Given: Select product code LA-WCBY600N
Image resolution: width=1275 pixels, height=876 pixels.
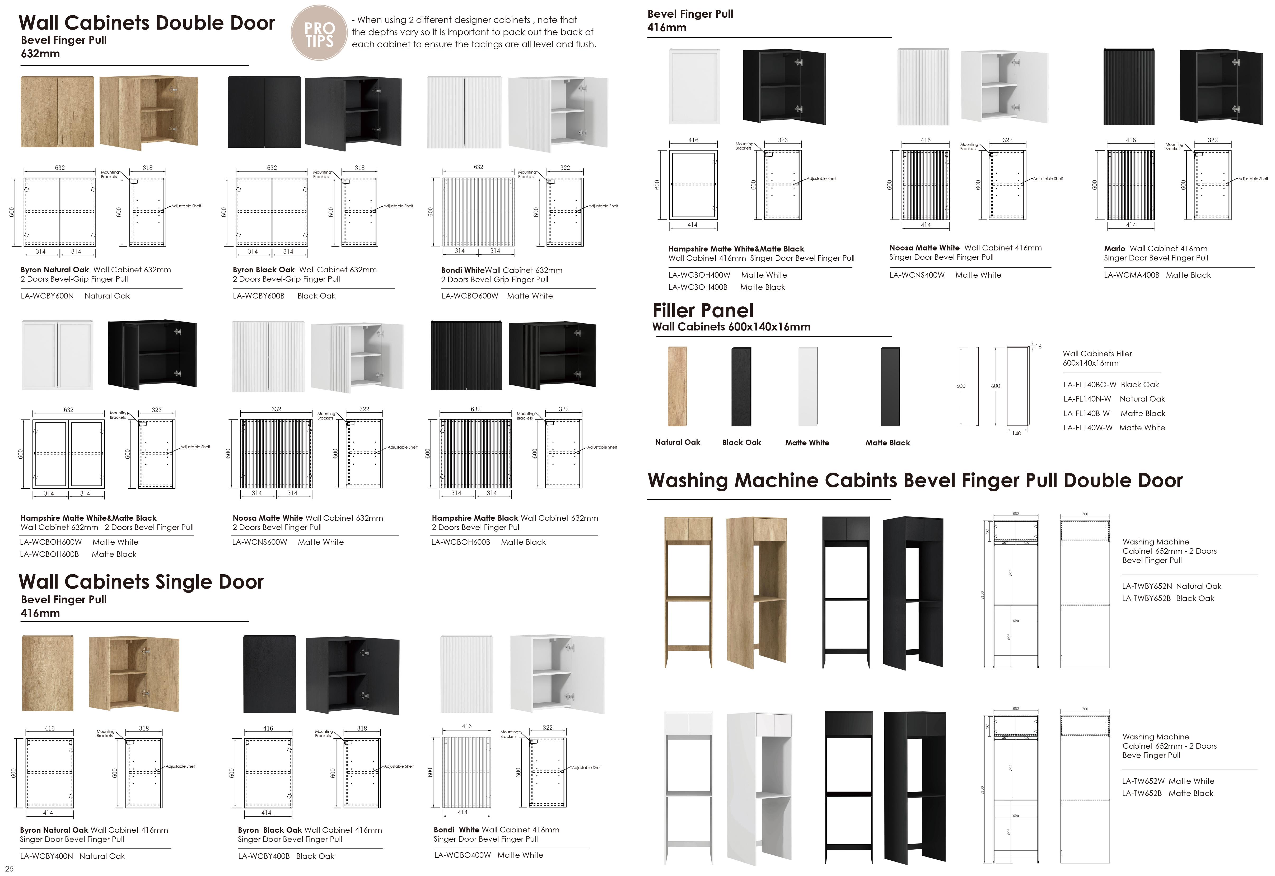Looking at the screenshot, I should (x=47, y=296).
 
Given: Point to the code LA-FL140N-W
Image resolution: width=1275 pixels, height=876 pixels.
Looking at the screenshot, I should (x=1087, y=399).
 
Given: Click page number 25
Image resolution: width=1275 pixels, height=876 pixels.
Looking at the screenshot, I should (x=9, y=868).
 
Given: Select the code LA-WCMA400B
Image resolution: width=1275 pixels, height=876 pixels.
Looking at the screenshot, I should (x=1131, y=275).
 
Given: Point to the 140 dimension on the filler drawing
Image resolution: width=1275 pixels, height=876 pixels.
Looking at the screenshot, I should (x=1016, y=434).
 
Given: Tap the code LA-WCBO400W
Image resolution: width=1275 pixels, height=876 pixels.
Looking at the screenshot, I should (x=462, y=855).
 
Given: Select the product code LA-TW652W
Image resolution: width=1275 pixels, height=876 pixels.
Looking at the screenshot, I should (x=1143, y=781).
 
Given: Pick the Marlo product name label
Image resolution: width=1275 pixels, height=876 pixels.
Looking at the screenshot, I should (x=1114, y=249).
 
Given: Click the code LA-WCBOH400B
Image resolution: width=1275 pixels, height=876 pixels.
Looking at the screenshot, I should (x=698, y=287).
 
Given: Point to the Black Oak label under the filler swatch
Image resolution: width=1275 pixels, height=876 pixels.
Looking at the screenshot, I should (x=741, y=442).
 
